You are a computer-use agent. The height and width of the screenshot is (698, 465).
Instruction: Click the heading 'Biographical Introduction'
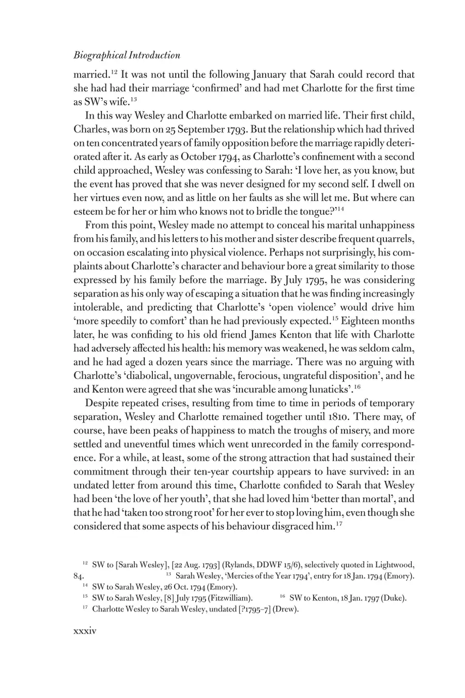coord(127,55)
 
